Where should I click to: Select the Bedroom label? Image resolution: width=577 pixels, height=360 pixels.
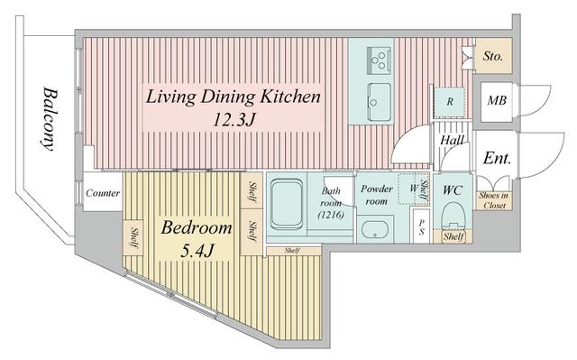(x=196, y=228)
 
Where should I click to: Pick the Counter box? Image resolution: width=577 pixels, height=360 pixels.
(x=103, y=194)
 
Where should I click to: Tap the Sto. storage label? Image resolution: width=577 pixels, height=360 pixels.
(x=493, y=57)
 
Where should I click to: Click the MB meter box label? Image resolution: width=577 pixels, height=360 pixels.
(x=496, y=100)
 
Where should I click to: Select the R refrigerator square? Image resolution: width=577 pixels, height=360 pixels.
(x=448, y=101)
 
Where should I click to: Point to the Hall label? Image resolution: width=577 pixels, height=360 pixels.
(x=452, y=140)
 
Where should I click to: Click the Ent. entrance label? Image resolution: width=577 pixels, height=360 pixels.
(x=497, y=158)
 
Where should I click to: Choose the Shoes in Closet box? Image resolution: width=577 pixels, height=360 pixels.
(x=492, y=199)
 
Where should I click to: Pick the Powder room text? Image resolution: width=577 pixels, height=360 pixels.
(x=377, y=195)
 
